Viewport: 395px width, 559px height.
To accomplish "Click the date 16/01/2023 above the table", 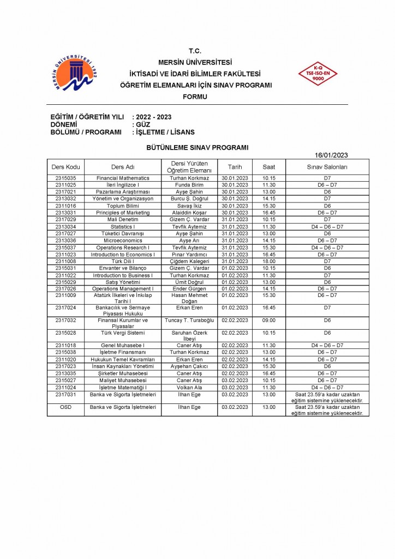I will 331,154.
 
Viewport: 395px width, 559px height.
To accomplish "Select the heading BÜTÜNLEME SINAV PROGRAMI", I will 197,147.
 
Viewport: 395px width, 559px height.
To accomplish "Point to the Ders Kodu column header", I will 65,166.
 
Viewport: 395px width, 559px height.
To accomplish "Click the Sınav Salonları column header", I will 327,166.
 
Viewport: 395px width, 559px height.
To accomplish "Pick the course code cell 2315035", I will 65,178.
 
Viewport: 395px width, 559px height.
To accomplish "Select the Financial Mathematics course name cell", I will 123,178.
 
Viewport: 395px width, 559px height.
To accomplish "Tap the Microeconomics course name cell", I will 123,240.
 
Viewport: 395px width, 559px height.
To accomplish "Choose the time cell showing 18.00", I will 269,261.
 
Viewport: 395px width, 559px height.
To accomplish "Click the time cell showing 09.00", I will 269,320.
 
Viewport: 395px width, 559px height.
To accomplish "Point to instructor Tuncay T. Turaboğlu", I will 189,320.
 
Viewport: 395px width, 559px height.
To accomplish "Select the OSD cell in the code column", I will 65,407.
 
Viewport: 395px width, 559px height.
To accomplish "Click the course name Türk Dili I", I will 123,261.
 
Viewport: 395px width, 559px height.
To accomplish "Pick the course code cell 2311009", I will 65,295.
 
